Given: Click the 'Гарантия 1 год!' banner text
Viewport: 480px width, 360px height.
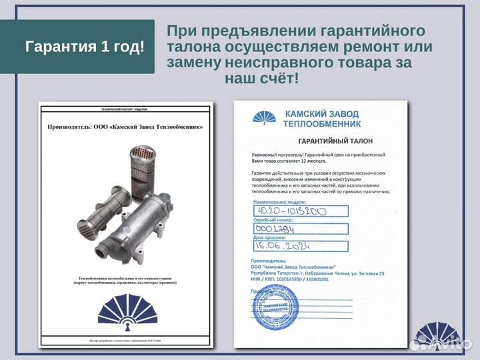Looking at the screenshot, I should (x=85, y=47).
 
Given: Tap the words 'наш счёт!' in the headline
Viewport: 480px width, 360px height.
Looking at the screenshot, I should (x=262, y=79).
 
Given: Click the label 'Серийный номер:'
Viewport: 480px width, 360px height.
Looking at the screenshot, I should (x=274, y=219).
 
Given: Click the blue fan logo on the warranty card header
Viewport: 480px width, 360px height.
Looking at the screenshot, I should (x=266, y=118).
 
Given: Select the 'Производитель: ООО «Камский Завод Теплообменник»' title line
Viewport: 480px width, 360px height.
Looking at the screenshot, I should (x=125, y=126).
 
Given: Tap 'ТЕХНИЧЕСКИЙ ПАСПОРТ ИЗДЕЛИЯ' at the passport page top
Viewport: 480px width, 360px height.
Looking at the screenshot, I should (x=126, y=107).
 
